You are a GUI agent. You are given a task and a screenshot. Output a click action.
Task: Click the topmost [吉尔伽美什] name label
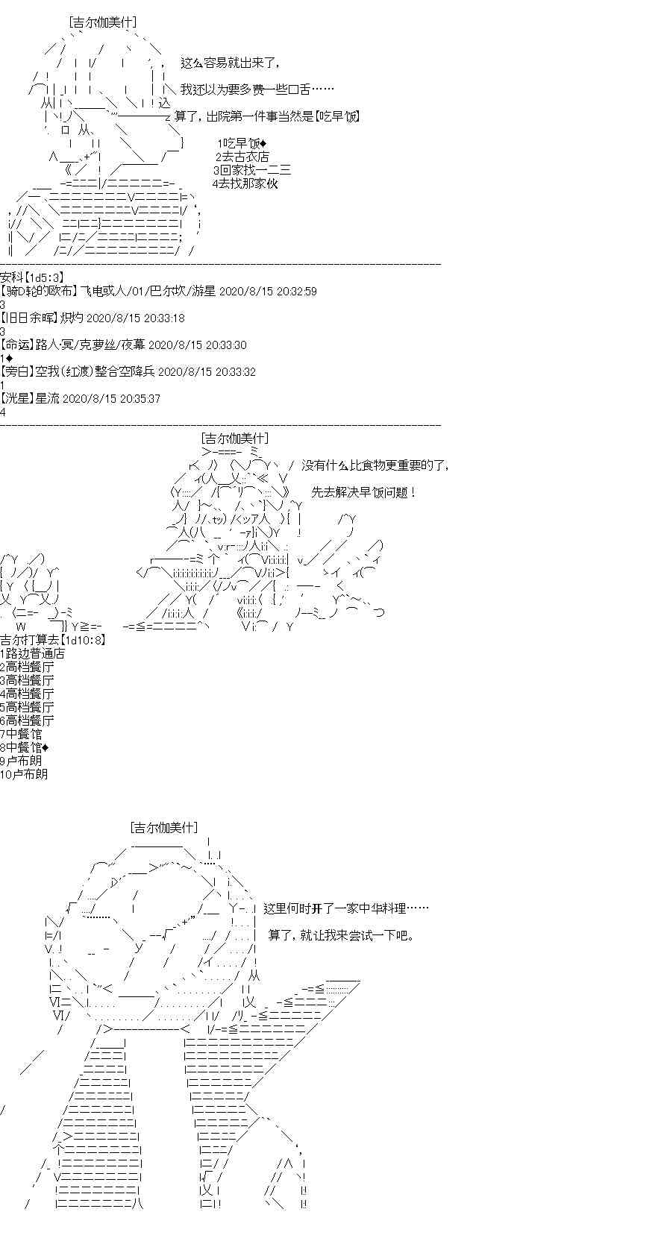pyautogui.click(x=103, y=23)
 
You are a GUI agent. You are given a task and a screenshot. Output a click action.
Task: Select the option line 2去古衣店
pyautogui.click(x=242, y=157)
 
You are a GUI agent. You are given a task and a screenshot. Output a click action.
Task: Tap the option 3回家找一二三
pyautogui.click(x=252, y=171)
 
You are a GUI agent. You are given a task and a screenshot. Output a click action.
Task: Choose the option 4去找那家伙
pyautogui.click(x=245, y=183)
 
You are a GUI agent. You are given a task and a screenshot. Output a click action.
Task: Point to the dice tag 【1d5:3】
pyautogui.click(x=45, y=277)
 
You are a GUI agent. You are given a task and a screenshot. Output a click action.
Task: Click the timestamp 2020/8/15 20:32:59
pyautogui.click(x=269, y=292)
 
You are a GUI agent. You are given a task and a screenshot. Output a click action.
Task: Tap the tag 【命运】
pyautogui.click(x=17, y=345)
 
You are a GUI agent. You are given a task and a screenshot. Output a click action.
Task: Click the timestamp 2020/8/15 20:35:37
pyautogui.click(x=112, y=399)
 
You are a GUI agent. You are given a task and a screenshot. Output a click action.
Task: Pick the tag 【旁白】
pyautogui.click(x=17, y=372)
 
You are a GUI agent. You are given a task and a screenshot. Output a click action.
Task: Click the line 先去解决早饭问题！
pyautogui.click(x=364, y=492)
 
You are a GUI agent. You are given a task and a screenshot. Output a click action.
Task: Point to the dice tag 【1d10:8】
pyautogui.click(x=84, y=640)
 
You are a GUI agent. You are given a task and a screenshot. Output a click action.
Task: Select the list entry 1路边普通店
pyautogui.click(x=32, y=653)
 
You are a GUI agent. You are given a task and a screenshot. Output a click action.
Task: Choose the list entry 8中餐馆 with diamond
pyautogui.click(x=25, y=747)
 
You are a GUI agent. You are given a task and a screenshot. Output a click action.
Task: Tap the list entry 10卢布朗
pyautogui.click(x=24, y=774)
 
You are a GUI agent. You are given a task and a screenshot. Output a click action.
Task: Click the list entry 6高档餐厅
pyautogui.click(x=27, y=721)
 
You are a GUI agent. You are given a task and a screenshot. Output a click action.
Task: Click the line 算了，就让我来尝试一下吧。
pyautogui.click(x=341, y=936)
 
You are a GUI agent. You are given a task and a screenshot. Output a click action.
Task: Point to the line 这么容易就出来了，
pyautogui.click(x=234, y=63)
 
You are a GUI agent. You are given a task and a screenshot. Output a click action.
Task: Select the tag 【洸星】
pyautogui.click(x=17, y=399)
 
